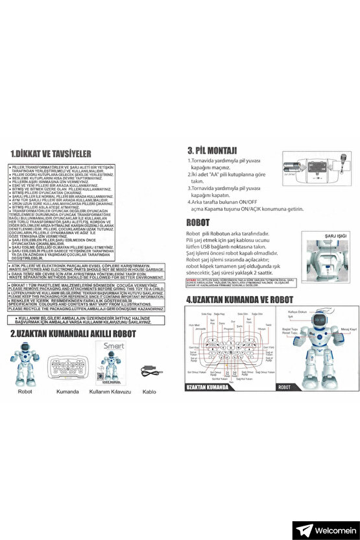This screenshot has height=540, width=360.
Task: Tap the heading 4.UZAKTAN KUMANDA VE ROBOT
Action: pyautogui.click(x=239, y=300)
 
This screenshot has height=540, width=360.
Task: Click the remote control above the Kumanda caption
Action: pyautogui.click(x=67, y=367)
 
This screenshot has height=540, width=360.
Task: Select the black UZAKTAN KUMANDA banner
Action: pyautogui.click(x=208, y=387)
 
